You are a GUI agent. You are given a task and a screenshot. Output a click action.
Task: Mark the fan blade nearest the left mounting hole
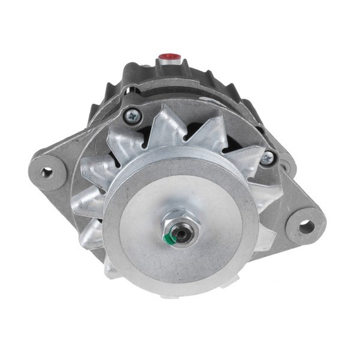[x=90, y=171]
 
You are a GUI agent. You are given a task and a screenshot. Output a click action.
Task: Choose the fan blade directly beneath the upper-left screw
[x=123, y=144]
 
